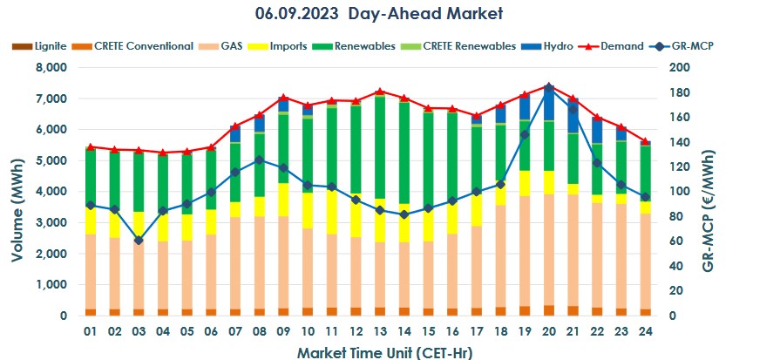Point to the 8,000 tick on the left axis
click(x=51, y=68)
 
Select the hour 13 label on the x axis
click(x=380, y=332)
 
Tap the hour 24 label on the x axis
click(x=646, y=332)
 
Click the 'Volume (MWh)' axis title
click(x=17, y=192)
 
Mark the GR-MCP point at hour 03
click(x=139, y=240)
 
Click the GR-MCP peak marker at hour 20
click(x=549, y=86)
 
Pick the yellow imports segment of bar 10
click(x=308, y=210)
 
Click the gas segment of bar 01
click(x=91, y=271)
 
